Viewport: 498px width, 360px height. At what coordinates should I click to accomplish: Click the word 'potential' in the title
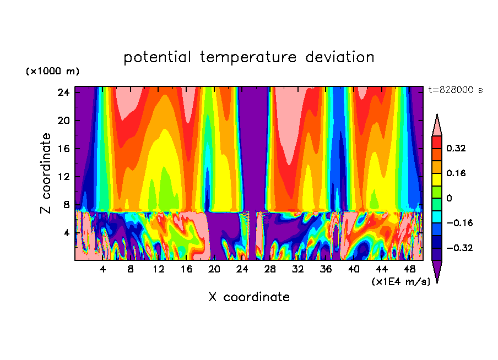click(x=158, y=57)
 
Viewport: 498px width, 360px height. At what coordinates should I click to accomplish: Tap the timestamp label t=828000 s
click(x=455, y=90)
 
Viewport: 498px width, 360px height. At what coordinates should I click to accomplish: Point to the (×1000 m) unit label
click(x=52, y=72)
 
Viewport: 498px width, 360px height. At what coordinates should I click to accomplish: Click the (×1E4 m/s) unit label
click(x=400, y=282)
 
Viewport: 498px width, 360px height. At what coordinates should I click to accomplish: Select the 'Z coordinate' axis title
click(x=46, y=173)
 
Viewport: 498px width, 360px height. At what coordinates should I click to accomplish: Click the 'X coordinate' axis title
click(x=249, y=297)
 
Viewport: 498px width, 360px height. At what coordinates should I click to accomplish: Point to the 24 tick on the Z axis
click(x=63, y=92)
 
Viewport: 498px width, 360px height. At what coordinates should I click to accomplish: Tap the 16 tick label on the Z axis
click(x=63, y=149)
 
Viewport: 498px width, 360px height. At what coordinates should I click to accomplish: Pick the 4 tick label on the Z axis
click(x=66, y=233)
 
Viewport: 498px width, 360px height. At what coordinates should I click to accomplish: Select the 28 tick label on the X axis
click(x=270, y=270)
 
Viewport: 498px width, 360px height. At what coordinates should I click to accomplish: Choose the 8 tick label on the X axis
click(x=131, y=270)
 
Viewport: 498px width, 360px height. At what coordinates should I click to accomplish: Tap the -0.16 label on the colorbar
click(x=458, y=223)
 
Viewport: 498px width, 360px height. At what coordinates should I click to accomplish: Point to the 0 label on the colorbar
click(x=450, y=199)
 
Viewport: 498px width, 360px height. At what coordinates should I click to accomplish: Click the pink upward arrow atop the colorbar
click(x=437, y=125)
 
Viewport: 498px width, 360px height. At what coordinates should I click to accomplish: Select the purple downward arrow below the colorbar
click(x=437, y=271)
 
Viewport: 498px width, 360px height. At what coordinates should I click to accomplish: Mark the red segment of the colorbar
click(x=437, y=142)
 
